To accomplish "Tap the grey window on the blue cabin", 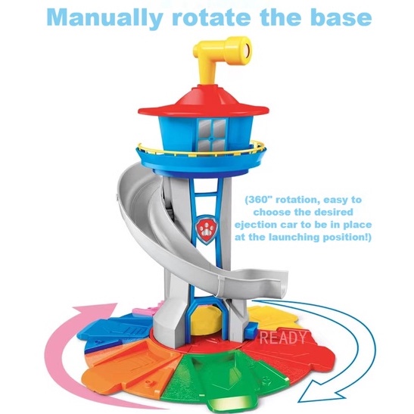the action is click(211, 135).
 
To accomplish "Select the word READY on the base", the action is click(283, 337).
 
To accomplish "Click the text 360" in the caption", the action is click(260, 200).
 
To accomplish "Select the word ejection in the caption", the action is click(254, 225).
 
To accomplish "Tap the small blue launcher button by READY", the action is click(251, 331).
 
